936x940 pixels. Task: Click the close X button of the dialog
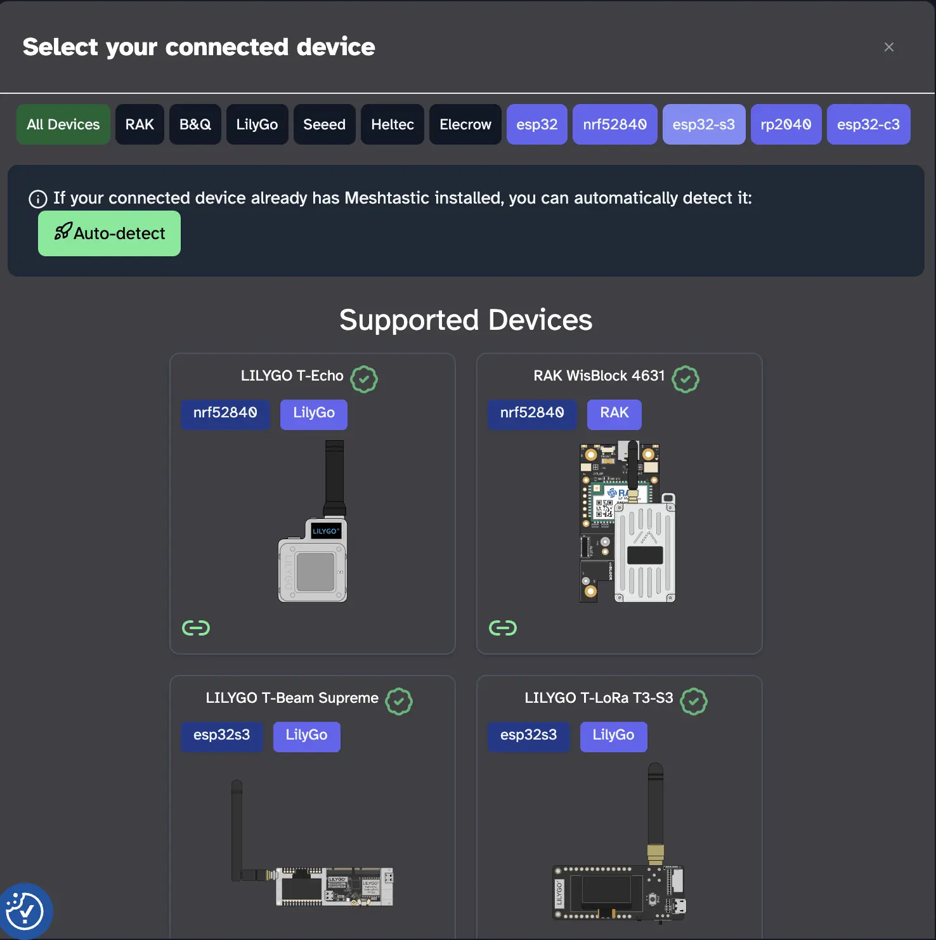pyautogui.click(x=888, y=47)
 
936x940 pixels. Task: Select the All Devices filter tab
pyautogui.click(x=63, y=124)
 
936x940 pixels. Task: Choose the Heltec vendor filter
pyautogui.click(x=392, y=124)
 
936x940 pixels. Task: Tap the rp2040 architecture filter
pyautogui.click(x=786, y=124)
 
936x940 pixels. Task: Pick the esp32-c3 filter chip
pyautogui.click(x=868, y=124)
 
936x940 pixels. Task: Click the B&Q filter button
pyautogui.click(x=195, y=124)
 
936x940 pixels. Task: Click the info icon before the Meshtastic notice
pyautogui.click(x=38, y=199)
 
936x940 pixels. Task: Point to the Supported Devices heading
pyautogui.click(x=465, y=320)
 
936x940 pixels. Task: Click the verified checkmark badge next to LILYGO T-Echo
pyautogui.click(x=364, y=379)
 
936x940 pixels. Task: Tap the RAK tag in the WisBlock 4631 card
pyautogui.click(x=614, y=414)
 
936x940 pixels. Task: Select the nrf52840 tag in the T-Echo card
pyautogui.click(x=225, y=414)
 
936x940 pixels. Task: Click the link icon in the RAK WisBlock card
pyautogui.click(x=502, y=628)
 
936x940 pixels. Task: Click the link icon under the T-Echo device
pyautogui.click(x=195, y=628)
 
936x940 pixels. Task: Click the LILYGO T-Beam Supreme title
pyautogui.click(x=292, y=698)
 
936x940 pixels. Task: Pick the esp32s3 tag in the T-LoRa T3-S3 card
pyautogui.click(x=528, y=736)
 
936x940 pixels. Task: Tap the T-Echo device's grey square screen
pyautogui.click(x=315, y=571)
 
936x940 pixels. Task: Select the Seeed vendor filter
pyautogui.click(x=324, y=124)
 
